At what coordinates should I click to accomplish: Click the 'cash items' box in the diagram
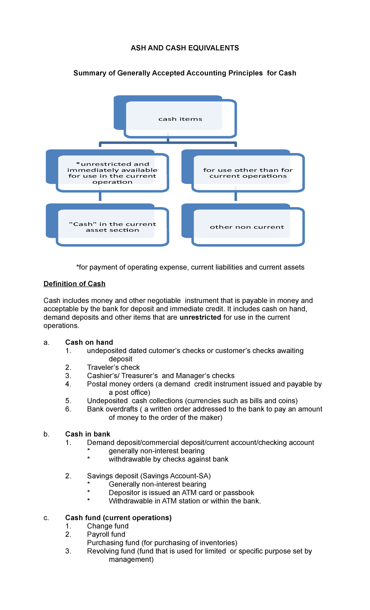(x=180, y=119)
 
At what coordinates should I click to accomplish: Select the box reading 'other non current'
(x=247, y=227)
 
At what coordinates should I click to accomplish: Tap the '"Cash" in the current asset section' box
(x=112, y=227)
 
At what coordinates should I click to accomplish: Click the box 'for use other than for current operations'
(x=248, y=173)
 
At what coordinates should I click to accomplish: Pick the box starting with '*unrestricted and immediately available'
(x=112, y=173)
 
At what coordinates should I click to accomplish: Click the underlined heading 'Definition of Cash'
(x=74, y=284)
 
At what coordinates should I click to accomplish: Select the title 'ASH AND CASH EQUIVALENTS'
(x=185, y=48)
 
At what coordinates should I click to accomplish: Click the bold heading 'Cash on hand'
(x=89, y=342)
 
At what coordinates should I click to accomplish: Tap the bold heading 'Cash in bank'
(x=88, y=434)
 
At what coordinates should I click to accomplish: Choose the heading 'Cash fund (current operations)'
(x=118, y=518)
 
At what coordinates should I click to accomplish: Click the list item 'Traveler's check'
(x=113, y=367)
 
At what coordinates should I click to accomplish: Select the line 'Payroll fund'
(x=106, y=534)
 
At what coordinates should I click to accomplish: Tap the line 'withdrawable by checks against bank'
(x=168, y=459)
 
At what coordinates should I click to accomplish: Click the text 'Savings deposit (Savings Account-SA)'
(x=149, y=476)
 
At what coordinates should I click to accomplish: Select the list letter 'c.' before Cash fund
(x=46, y=518)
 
